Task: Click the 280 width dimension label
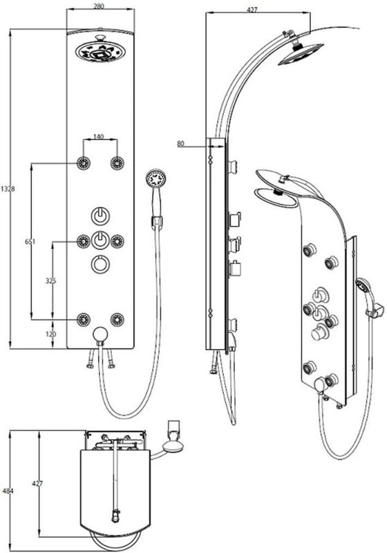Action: click(x=100, y=6)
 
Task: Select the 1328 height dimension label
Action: click(x=8, y=189)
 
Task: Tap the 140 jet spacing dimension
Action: click(x=99, y=136)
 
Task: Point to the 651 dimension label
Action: click(x=30, y=241)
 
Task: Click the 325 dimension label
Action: click(x=50, y=281)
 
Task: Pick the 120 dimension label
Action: click(x=50, y=334)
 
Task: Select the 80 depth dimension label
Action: click(x=180, y=144)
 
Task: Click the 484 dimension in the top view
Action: click(x=8, y=491)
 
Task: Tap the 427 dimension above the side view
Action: click(x=252, y=10)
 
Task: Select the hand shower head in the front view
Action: click(x=156, y=179)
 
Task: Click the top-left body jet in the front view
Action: click(x=84, y=163)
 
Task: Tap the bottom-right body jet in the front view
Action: click(x=117, y=319)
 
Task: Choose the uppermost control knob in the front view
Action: click(x=100, y=216)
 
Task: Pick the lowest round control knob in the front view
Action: click(x=100, y=263)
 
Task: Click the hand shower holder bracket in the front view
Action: click(x=157, y=221)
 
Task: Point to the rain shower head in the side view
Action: click(x=301, y=55)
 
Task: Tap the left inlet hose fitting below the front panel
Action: click(x=91, y=359)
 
